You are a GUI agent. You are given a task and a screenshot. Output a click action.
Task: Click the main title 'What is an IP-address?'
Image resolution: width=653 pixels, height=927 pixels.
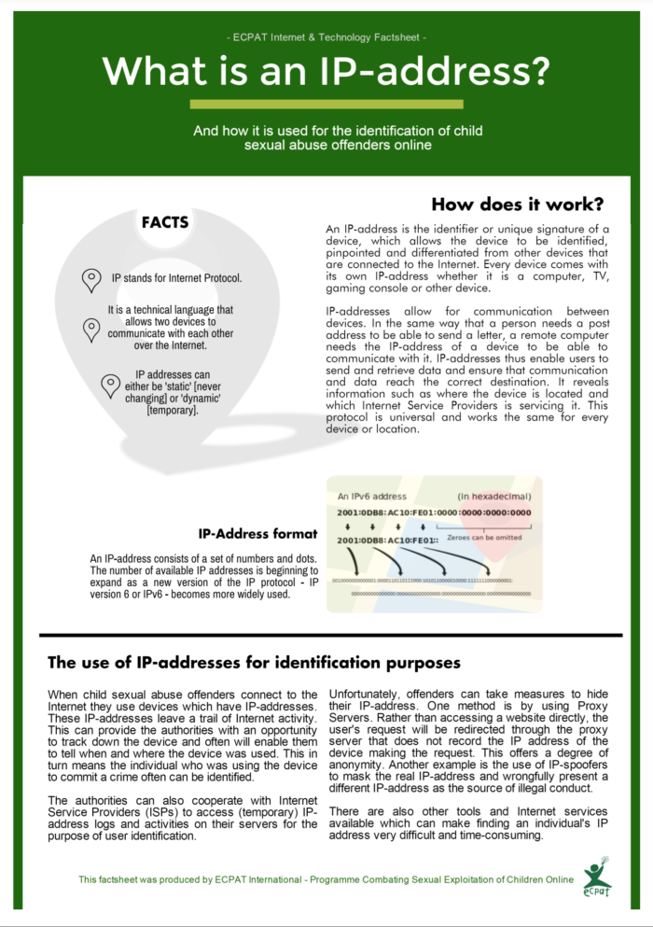(326, 70)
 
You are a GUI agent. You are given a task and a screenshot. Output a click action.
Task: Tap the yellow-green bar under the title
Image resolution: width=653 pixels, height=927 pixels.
(326, 104)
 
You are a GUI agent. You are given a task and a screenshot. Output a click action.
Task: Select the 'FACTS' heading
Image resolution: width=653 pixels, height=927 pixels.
(165, 222)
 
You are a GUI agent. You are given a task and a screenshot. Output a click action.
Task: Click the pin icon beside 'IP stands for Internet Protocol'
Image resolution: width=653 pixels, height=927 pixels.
(91, 278)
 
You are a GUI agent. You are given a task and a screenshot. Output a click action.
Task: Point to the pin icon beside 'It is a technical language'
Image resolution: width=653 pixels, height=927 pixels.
(91, 329)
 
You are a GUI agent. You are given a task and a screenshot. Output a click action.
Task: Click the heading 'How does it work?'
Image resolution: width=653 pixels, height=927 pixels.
(518, 204)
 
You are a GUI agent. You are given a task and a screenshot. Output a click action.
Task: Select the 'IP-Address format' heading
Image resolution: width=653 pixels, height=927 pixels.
(258, 534)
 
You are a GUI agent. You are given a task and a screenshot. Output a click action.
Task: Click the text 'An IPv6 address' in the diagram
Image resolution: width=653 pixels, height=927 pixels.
(372, 496)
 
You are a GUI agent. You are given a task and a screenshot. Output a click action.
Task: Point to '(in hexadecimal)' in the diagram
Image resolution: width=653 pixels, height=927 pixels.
(493, 496)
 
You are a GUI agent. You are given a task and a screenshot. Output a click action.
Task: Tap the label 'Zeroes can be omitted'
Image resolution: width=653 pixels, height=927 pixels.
(484, 539)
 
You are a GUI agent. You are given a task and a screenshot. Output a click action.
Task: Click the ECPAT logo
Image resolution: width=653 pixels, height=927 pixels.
(597, 875)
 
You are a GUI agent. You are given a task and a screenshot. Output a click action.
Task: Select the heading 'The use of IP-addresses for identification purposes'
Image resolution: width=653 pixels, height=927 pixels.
(254, 663)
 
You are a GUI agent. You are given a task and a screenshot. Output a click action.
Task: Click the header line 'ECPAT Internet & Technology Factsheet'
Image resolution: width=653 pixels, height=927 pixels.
(326, 37)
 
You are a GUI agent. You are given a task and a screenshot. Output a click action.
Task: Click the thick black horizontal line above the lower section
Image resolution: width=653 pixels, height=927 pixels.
(330, 635)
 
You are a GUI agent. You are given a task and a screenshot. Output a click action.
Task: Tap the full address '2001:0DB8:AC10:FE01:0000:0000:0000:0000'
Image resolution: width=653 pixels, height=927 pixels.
(434, 512)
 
